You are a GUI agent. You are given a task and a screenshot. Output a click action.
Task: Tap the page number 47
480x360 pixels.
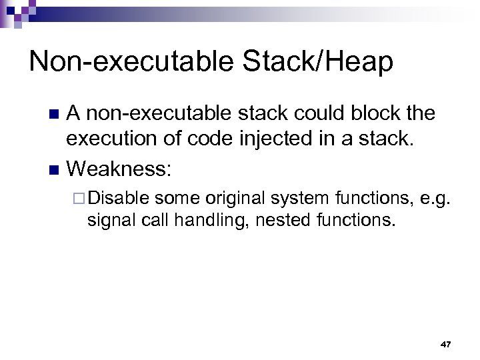point(446,344)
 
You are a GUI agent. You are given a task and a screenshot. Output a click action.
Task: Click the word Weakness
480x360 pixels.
point(120,169)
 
